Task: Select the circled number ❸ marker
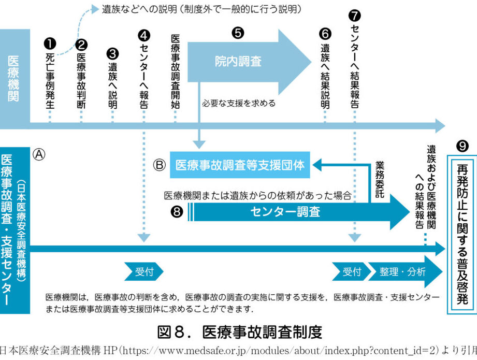(x=112, y=54)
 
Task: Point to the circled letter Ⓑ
(x=160, y=165)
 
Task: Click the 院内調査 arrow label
(x=238, y=62)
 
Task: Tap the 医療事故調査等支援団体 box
(x=239, y=165)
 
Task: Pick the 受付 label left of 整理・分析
(x=352, y=271)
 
